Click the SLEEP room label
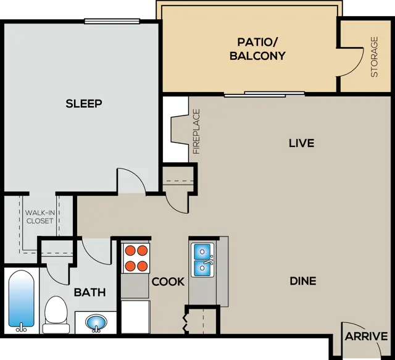[84, 103]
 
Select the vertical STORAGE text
[375, 57]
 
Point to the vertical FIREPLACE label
[196, 132]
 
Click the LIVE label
[302, 143]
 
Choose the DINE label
[303, 281]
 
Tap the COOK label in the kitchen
[168, 282]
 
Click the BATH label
[89, 293]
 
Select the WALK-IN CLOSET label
[39, 217]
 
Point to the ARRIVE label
[366, 337]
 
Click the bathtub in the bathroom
[21, 301]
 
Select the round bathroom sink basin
[96, 323]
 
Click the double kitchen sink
[202, 260]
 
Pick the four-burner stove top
[136, 258]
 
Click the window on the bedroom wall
[112, 21]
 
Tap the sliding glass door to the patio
[265, 94]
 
